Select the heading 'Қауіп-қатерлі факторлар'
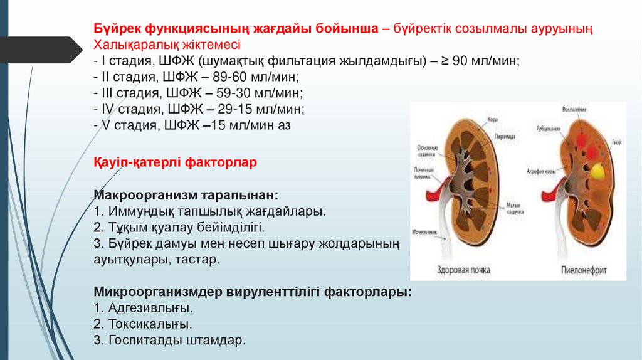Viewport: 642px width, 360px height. coord(175,162)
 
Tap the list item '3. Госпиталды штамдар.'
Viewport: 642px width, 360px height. coord(170,341)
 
